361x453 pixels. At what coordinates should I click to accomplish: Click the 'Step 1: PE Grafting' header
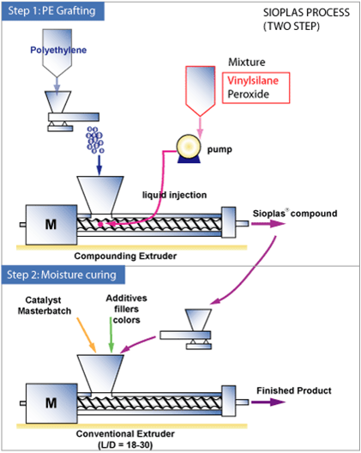pos(52,11)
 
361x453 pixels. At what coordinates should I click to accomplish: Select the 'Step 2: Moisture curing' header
pos(62,275)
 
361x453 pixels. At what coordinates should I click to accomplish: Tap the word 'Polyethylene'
pos(58,50)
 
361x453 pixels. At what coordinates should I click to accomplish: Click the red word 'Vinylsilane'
pos(253,81)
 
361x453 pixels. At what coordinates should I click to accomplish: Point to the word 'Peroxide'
pos(248,94)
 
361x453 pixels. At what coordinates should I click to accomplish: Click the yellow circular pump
pos(189,146)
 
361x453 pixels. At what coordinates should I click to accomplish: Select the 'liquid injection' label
pos(174,195)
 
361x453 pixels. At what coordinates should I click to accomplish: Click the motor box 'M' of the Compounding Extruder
pos(51,225)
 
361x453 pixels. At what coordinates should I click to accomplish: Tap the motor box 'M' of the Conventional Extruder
pos(51,403)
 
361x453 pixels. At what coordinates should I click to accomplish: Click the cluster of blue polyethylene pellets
pos(94,140)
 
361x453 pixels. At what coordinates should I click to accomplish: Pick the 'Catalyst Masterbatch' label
pos(45,305)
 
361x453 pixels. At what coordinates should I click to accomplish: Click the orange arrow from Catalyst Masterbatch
pos(87,335)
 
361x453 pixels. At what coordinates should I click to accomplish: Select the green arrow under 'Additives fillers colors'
pos(111,335)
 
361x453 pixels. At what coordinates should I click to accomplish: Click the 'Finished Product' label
pos(294,390)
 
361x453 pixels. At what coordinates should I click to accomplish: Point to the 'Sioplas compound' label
pos(295,214)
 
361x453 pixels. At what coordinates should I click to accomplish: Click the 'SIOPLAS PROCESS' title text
pos(306,13)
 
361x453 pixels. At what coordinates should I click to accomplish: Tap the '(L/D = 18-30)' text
pos(125,444)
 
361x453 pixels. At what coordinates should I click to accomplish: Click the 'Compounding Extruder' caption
pos(125,256)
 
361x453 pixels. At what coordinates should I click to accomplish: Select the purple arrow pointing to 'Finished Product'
pos(268,402)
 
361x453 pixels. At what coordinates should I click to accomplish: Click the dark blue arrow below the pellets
pos(99,166)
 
